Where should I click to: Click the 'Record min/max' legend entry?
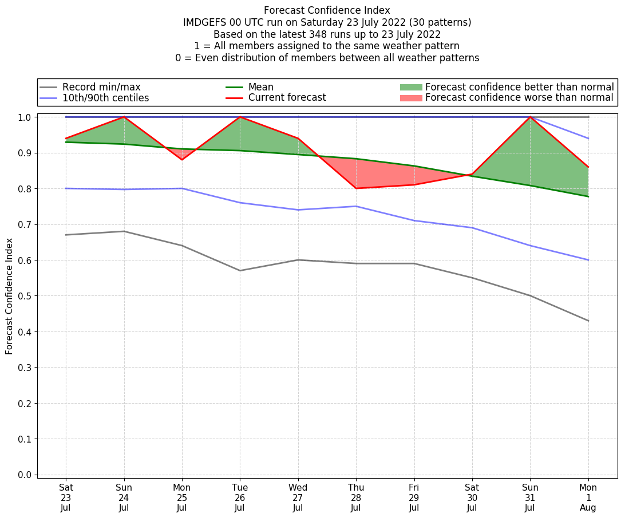pos(101,87)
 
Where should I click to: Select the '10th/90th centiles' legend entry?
pos(105,98)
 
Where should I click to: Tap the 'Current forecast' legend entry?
pos(287,98)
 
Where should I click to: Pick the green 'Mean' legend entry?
pos(260,87)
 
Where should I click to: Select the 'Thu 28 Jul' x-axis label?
pos(356,498)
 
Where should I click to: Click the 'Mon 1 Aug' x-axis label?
pos(588,498)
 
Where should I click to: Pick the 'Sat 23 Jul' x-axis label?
pos(66,498)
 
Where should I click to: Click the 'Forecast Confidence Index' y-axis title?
pos(9,296)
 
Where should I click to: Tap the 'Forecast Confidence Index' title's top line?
pos(327,10)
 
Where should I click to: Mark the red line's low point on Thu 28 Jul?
pos(356,188)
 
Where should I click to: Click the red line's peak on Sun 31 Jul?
pos(530,117)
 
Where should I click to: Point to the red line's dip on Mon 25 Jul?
pos(182,159)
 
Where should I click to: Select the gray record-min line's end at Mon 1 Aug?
pos(588,321)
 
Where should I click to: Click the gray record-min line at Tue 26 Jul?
pos(240,271)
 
